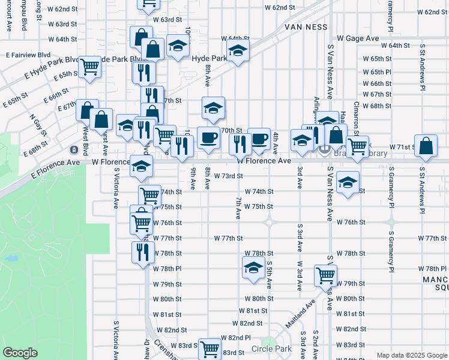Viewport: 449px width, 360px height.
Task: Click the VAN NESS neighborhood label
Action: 306,27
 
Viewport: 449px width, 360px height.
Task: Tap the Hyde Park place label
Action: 209,58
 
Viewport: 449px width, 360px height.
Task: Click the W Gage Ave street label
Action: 358,38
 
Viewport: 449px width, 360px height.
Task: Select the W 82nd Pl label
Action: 235,338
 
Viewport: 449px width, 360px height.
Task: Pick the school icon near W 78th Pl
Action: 253,267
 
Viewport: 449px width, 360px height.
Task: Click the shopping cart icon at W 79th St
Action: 325,275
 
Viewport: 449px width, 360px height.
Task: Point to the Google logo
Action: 20,353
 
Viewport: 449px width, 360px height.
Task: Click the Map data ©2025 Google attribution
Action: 411,355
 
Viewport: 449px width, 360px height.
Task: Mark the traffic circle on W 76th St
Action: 270,222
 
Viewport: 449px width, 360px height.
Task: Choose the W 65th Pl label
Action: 377,72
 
